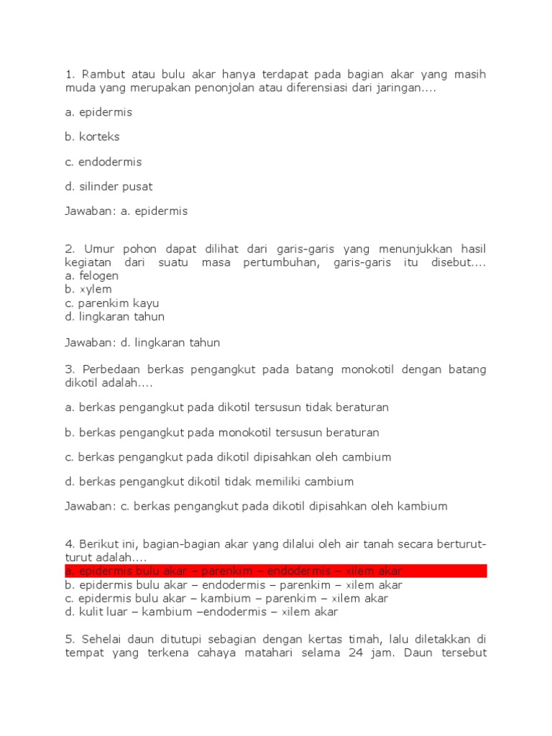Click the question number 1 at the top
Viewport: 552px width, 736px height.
pyautogui.click(x=69, y=75)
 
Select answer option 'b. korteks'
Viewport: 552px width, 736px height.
pyautogui.click(x=92, y=137)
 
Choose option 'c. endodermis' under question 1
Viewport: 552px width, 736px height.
pyautogui.click(x=103, y=162)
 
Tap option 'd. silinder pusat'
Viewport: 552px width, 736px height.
pyautogui.click(x=108, y=187)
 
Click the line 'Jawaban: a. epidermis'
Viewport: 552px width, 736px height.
pyautogui.click(x=126, y=211)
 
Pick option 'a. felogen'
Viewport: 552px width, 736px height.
pyautogui.click(x=91, y=276)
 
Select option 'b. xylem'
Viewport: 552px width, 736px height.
pyautogui.click(x=88, y=289)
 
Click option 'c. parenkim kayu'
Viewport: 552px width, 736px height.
pyautogui.click(x=111, y=303)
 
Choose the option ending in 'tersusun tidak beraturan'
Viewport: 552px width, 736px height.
pyautogui.click(x=226, y=408)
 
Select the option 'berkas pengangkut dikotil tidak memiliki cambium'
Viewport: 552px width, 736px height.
pyautogui.click(x=209, y=482)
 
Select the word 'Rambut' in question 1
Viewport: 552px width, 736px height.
pyautogui.click(x=100, y=75)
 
